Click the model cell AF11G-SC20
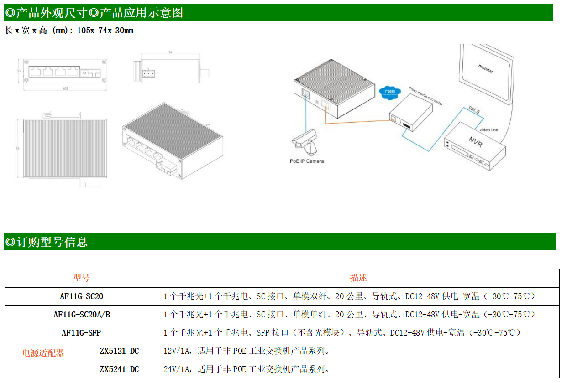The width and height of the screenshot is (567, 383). click(81, 296)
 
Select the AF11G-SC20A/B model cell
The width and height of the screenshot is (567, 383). click(81, 315)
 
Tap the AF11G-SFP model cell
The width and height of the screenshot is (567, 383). click(81, 333)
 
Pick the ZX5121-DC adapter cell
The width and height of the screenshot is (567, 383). click(119, 351)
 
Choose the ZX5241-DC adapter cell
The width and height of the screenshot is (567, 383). click(119, 369)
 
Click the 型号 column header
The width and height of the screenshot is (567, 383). click(81, 278)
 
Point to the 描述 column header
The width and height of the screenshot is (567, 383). click(358, 278)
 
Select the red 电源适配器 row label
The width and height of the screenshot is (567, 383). click(43, 353)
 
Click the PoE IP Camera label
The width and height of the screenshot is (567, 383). click(307, 161)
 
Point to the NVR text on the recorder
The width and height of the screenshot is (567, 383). click(475, 140)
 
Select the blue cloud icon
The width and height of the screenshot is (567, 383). click(389, 93)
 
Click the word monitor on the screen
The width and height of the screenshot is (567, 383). click(485, 70)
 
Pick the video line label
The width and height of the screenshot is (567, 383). click(488, 130)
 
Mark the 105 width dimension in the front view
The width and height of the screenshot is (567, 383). click(65, 89)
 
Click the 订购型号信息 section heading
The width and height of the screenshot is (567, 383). click(52, 242)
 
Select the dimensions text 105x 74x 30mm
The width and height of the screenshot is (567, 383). click(105, 31)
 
